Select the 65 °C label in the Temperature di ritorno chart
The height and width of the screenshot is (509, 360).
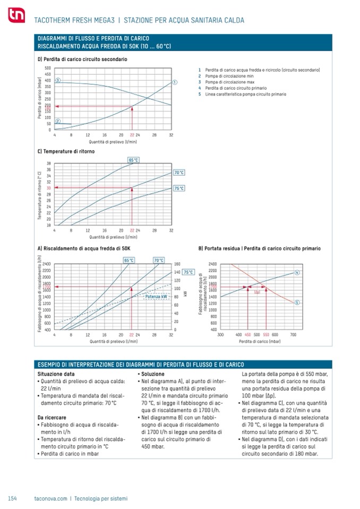click(x=133, y=160)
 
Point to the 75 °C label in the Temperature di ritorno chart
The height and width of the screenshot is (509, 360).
click(x=179, y=188)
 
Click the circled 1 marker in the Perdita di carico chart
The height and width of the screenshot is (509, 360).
click(x=175, y=82)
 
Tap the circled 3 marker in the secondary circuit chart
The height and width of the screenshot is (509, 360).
click(x=57, y=80)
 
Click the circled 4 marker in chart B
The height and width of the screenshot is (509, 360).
click(x=297, y=272)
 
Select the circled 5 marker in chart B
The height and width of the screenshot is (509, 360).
click(x=297, y=302)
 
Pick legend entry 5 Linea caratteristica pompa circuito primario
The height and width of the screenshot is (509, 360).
click(x=242, y=94)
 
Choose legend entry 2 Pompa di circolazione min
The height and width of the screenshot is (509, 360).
click(x=229, y=76)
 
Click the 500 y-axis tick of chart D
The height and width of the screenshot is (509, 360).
click(x=48, y=68)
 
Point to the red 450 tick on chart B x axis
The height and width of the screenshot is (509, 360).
click(x=247, y=335)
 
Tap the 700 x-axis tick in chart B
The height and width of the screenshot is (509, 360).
click(x=293, y=335)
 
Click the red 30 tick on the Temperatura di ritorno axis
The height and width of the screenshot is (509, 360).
click(x=48, y=188)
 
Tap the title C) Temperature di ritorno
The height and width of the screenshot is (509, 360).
click(x=66, y=151)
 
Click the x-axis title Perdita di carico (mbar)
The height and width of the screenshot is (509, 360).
click(x=259, y=342)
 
